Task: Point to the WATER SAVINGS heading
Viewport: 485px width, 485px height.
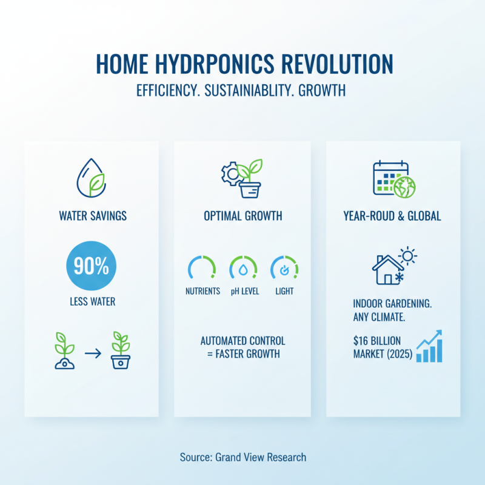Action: pos(93,216)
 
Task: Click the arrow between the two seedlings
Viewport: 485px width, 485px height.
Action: pos(93,352)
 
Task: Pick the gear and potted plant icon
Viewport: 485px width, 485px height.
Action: pos(241,178)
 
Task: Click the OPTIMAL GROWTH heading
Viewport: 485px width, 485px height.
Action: pos(242,216)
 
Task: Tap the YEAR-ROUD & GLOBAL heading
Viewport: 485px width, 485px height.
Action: pos(392,216)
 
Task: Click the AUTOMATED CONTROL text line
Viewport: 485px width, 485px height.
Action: pos(242,341)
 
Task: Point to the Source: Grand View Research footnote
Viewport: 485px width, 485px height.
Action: pos(243,457)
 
